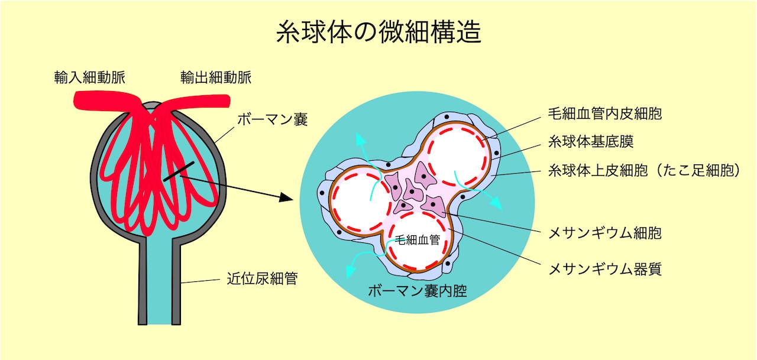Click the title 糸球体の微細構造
[378, 33]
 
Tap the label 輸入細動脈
[89, 77]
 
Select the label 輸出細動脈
[216, 77]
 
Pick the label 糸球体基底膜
[591, 142]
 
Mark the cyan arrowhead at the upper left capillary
[358, 138]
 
